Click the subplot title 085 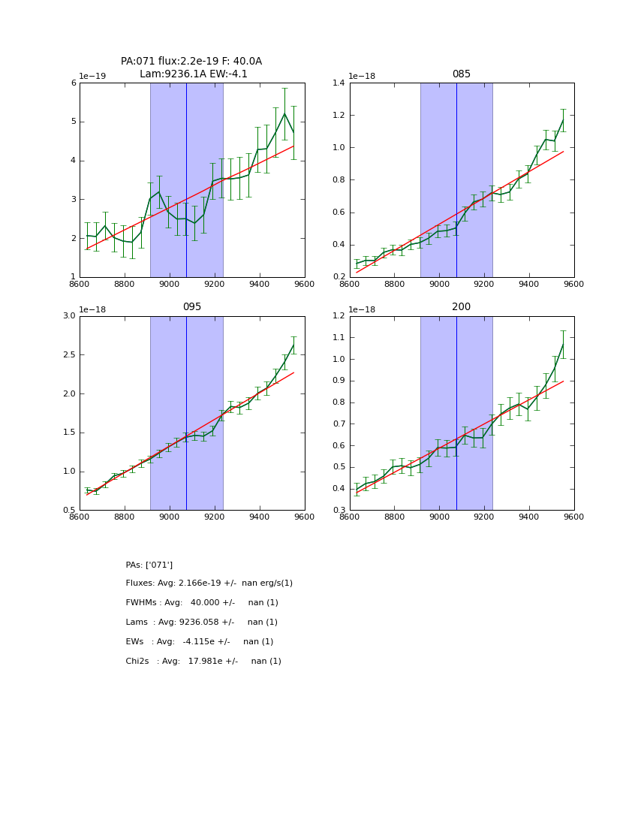(461, 74)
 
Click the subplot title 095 (191, 307)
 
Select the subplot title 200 (461, 307)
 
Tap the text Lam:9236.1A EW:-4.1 (193, 74)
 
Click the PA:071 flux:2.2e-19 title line (191, 62)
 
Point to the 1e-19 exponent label (92, 77)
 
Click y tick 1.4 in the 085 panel (339, 83)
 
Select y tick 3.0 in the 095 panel (68, 316)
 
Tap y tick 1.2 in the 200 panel (339, 316)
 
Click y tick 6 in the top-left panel (74, 83)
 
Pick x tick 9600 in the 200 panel (573, 517)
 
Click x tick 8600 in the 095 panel (80, 517)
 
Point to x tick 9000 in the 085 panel (439, 284)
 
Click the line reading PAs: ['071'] (149, 565)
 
